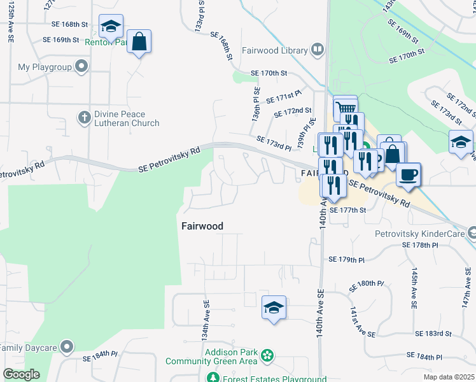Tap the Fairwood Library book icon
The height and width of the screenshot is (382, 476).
coord(318,50)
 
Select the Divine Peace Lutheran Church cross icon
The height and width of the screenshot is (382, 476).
coord(83,117)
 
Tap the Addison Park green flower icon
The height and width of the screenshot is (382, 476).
coord(267,355)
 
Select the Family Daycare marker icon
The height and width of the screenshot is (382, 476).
coord(66,348)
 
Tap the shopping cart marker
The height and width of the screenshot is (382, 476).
coord(346,108)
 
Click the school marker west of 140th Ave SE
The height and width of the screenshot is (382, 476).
coord(274,309)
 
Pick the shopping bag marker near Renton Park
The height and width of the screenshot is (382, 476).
coord(139,42)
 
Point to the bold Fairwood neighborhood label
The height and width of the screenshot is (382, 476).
coord(202,226)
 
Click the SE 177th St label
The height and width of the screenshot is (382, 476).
coord(349,209)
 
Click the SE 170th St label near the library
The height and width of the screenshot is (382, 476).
coord(269,73)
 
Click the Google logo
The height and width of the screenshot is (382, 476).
coord(21,374)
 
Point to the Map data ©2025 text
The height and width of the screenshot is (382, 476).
coord(449,377)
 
